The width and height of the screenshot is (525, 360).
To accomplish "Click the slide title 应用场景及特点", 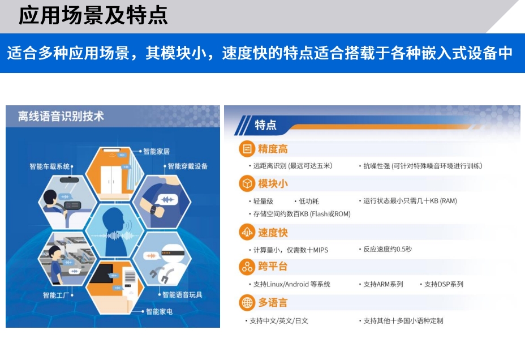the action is tap(93, 16).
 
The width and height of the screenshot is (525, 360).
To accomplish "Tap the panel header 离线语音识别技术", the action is tap(61, 116).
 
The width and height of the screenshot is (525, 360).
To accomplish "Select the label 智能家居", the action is tap(156, 151).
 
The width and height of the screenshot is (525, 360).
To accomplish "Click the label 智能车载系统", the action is tap(50, 166).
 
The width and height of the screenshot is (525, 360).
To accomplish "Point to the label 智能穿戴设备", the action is tap(187, 166).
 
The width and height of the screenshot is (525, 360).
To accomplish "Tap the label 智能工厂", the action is tap(56, 295).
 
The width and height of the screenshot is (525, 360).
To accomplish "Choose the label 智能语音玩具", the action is tap(182, 295).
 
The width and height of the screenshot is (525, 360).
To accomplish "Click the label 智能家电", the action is tap(159, 311).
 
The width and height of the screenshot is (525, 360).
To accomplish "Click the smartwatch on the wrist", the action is tap(153, 210).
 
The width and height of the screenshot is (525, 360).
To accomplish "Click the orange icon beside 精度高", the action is tap(247, 149).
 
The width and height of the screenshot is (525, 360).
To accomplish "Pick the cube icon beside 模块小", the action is tap(247, 183).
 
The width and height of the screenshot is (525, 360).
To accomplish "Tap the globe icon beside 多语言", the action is tap(247, 302).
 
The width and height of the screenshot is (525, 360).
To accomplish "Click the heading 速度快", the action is tap(273, 233).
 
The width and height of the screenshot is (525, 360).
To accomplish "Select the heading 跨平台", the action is tap(273, 267).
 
